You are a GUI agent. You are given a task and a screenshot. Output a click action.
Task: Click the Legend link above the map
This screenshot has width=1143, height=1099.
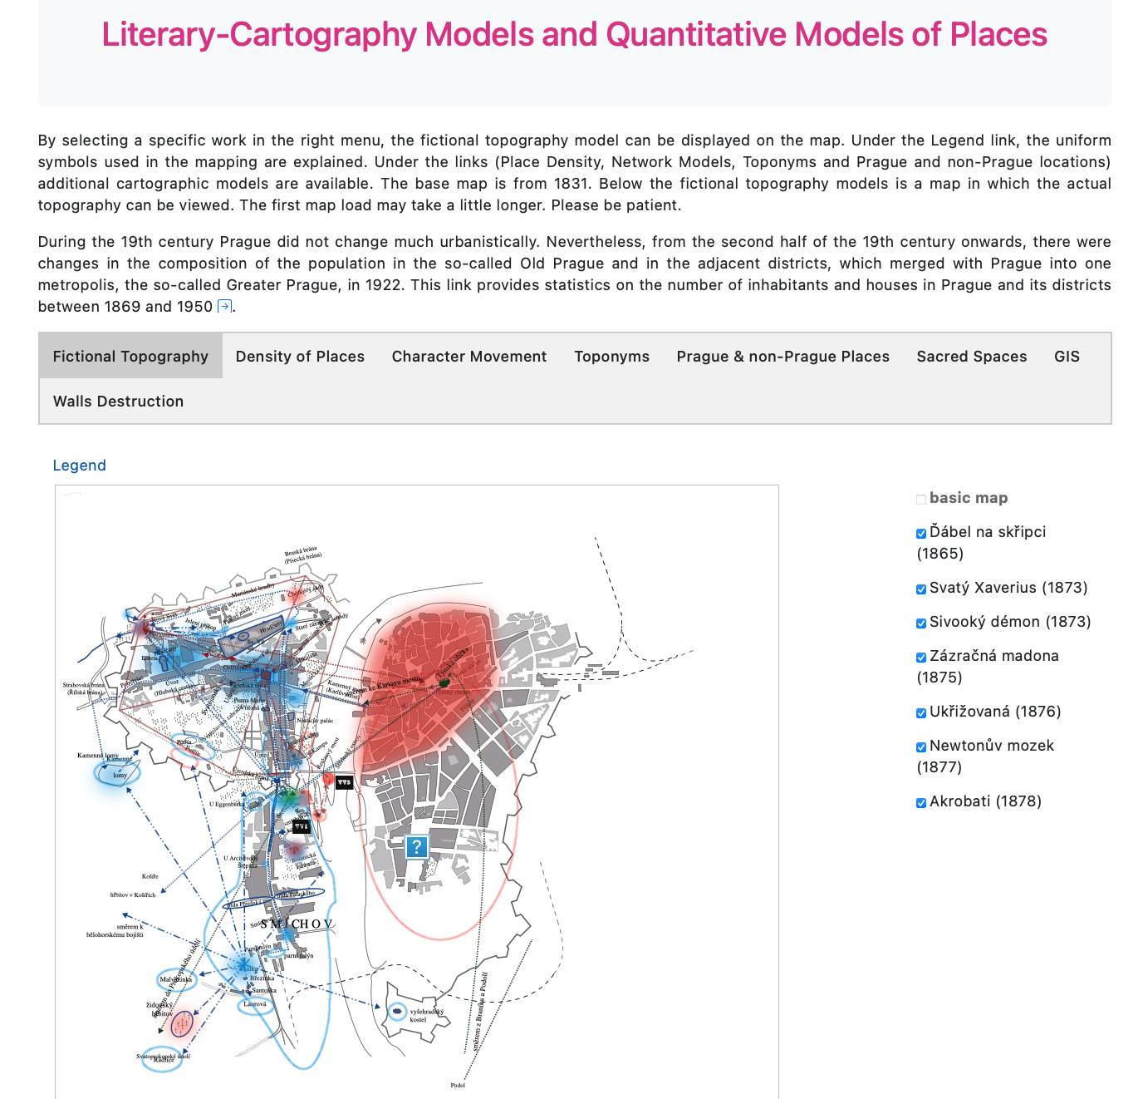[x=79, y=466]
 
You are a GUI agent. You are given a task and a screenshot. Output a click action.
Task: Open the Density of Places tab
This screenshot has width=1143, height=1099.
[x=300, y=357]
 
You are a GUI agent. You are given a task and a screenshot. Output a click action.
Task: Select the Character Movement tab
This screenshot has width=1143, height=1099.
[x=469, y=357]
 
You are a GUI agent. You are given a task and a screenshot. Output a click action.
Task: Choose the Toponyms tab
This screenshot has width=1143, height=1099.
[x=611, y=357]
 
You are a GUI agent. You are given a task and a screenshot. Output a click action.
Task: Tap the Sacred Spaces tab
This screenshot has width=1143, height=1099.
[x=971, y=357]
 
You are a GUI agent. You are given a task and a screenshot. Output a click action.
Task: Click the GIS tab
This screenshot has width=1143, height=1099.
[x=1067, y=357]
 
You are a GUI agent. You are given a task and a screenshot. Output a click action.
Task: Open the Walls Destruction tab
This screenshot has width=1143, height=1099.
[x=118, y=402]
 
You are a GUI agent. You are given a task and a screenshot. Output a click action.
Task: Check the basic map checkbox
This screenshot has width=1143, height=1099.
[x=921, y=500]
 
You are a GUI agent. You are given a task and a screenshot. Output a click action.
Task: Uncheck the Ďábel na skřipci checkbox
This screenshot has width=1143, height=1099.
[x=921, y=534]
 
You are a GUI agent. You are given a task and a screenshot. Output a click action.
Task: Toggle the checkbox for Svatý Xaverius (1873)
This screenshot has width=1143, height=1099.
[x=921, y=589]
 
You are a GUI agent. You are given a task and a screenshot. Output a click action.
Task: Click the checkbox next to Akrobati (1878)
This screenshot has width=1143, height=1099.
[x=921, y=803]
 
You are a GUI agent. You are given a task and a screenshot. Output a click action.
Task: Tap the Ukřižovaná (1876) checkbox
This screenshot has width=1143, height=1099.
[x=921, y=713]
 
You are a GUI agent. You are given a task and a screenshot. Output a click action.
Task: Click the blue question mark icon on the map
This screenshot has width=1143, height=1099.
[x=416, y=847]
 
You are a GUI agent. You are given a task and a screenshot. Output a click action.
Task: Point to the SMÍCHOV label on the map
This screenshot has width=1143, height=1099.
[x=297, y=924]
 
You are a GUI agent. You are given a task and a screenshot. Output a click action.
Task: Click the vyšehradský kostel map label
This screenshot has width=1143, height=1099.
[x=426, y=1015]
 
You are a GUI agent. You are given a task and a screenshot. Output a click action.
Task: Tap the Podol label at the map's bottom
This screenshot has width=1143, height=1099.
[x=458, y=1085]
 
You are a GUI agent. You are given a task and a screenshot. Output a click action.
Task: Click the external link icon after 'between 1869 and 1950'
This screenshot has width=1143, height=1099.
[x=224, y=307]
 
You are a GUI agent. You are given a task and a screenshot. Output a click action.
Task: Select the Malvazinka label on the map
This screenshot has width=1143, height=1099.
[x=176, y=979]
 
